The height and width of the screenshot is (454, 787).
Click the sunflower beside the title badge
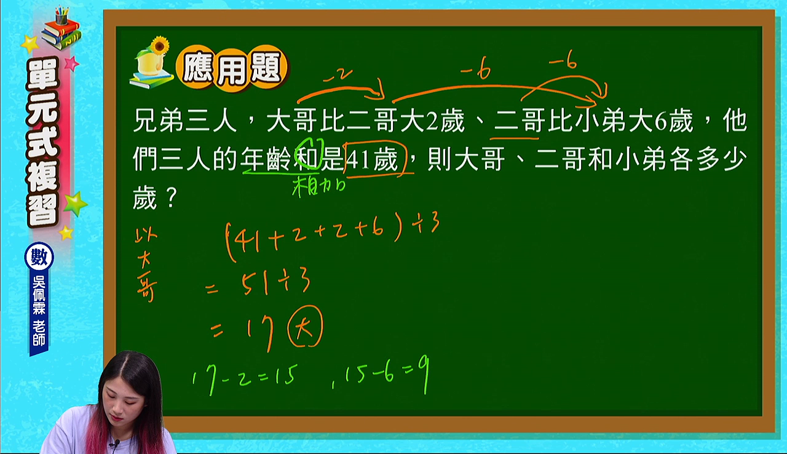click(160, 46)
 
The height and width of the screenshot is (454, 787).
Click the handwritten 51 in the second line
click(255, 284)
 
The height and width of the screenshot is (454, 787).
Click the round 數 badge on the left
click(39, 257)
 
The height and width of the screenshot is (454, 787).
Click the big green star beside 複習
click(75, 204)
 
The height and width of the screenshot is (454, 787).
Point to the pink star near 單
click(71, 63)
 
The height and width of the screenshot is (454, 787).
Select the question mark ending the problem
click(172, 197)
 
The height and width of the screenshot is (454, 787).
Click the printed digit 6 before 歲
click(660, 121)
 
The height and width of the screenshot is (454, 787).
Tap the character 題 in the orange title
click(267, 68)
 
